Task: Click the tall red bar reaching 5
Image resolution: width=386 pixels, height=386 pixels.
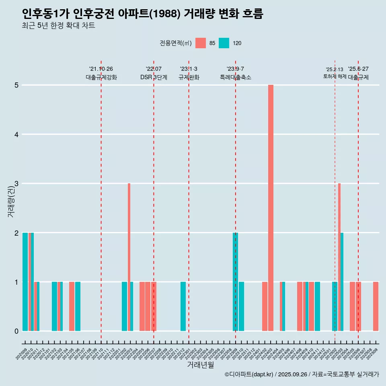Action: coord(271,208)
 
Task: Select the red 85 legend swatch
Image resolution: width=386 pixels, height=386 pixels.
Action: coord(200,43)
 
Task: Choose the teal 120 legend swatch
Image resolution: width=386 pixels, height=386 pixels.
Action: coord(224,43)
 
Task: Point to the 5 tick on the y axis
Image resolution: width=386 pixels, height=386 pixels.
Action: coord(17,85)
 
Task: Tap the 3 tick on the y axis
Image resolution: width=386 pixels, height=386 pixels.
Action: coord(17,184)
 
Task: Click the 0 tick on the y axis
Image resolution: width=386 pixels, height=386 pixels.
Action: coord(17,331)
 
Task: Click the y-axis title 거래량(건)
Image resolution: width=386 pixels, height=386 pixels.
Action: coord(11,200)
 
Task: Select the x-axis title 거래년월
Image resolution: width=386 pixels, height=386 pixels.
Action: coord(201,365)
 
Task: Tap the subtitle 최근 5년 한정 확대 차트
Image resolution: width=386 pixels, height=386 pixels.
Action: coord(58,26)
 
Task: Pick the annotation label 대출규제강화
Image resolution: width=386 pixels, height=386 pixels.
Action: coord(101,77)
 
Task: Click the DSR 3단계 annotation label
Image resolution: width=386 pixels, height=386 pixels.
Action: coord(154,77)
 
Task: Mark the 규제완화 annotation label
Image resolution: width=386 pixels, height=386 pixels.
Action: coord(189,77)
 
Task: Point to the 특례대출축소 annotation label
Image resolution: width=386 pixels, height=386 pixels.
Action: coord(235,77)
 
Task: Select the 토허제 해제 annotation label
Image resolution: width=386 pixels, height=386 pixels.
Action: coord(335,76)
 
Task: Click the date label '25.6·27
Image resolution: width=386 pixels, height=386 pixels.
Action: coord(358,69)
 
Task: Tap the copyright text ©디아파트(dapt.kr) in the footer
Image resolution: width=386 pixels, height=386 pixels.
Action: coord(249,374)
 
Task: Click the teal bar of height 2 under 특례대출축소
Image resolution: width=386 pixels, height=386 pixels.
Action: coord(235,281)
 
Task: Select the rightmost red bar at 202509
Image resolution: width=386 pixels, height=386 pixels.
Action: coord(376,306)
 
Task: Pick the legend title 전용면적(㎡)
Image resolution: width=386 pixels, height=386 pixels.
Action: coord(175,43)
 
